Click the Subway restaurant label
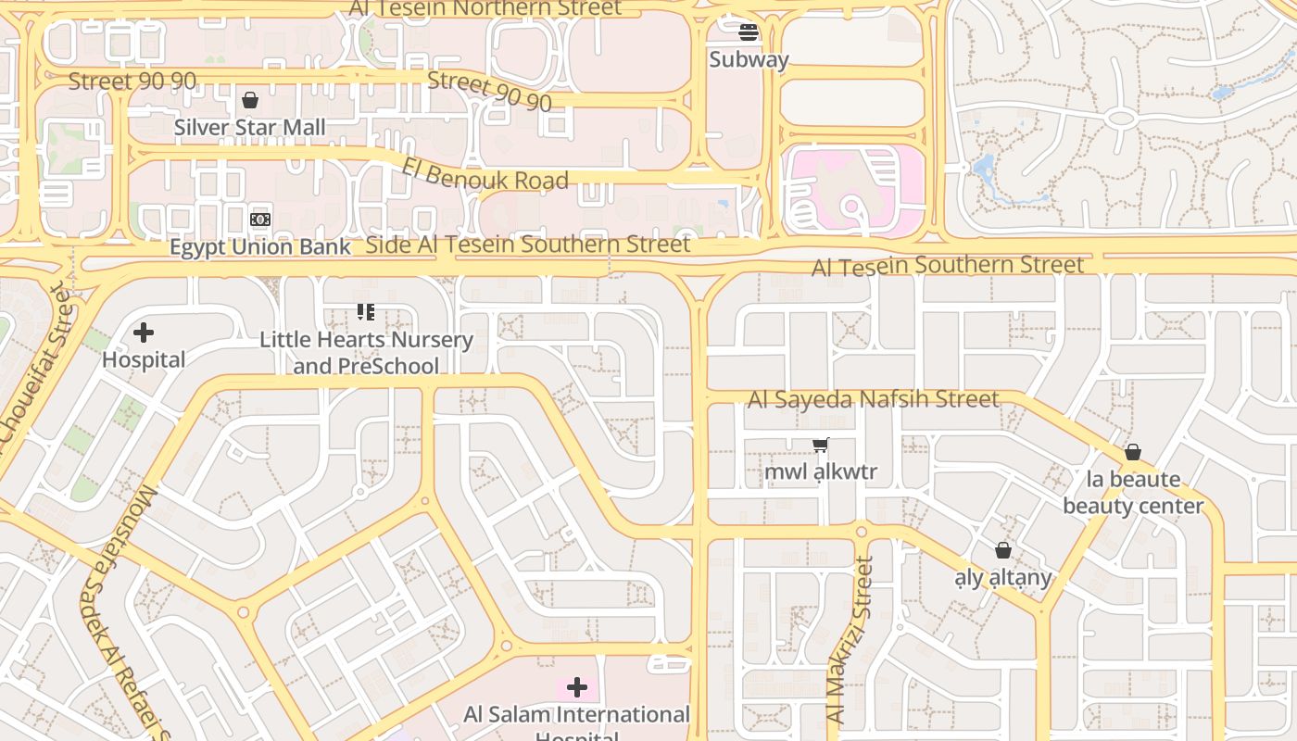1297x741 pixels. point(749,60)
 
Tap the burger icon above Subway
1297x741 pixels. point(749,33)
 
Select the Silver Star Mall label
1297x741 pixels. point(250,127)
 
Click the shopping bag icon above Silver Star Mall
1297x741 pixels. point(250,100)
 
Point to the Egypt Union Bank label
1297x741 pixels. point(260,247)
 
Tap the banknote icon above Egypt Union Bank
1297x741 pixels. point(260,220)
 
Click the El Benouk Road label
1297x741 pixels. point(485,172)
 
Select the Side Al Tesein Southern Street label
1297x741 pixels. point(528,245)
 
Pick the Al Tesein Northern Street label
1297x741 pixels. point(485,8)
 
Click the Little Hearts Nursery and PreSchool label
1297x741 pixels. point(366,352)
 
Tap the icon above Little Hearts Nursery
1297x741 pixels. point(366,312)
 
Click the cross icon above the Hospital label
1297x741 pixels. point(144,333)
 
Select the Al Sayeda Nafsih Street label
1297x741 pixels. point(874,399)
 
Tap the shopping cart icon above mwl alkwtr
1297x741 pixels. point(821,446)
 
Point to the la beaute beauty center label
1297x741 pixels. point(1133,492)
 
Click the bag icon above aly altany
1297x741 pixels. point(1003,551)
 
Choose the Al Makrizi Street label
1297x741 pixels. point(850,640)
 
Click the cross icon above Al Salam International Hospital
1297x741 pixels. point(577,686)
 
